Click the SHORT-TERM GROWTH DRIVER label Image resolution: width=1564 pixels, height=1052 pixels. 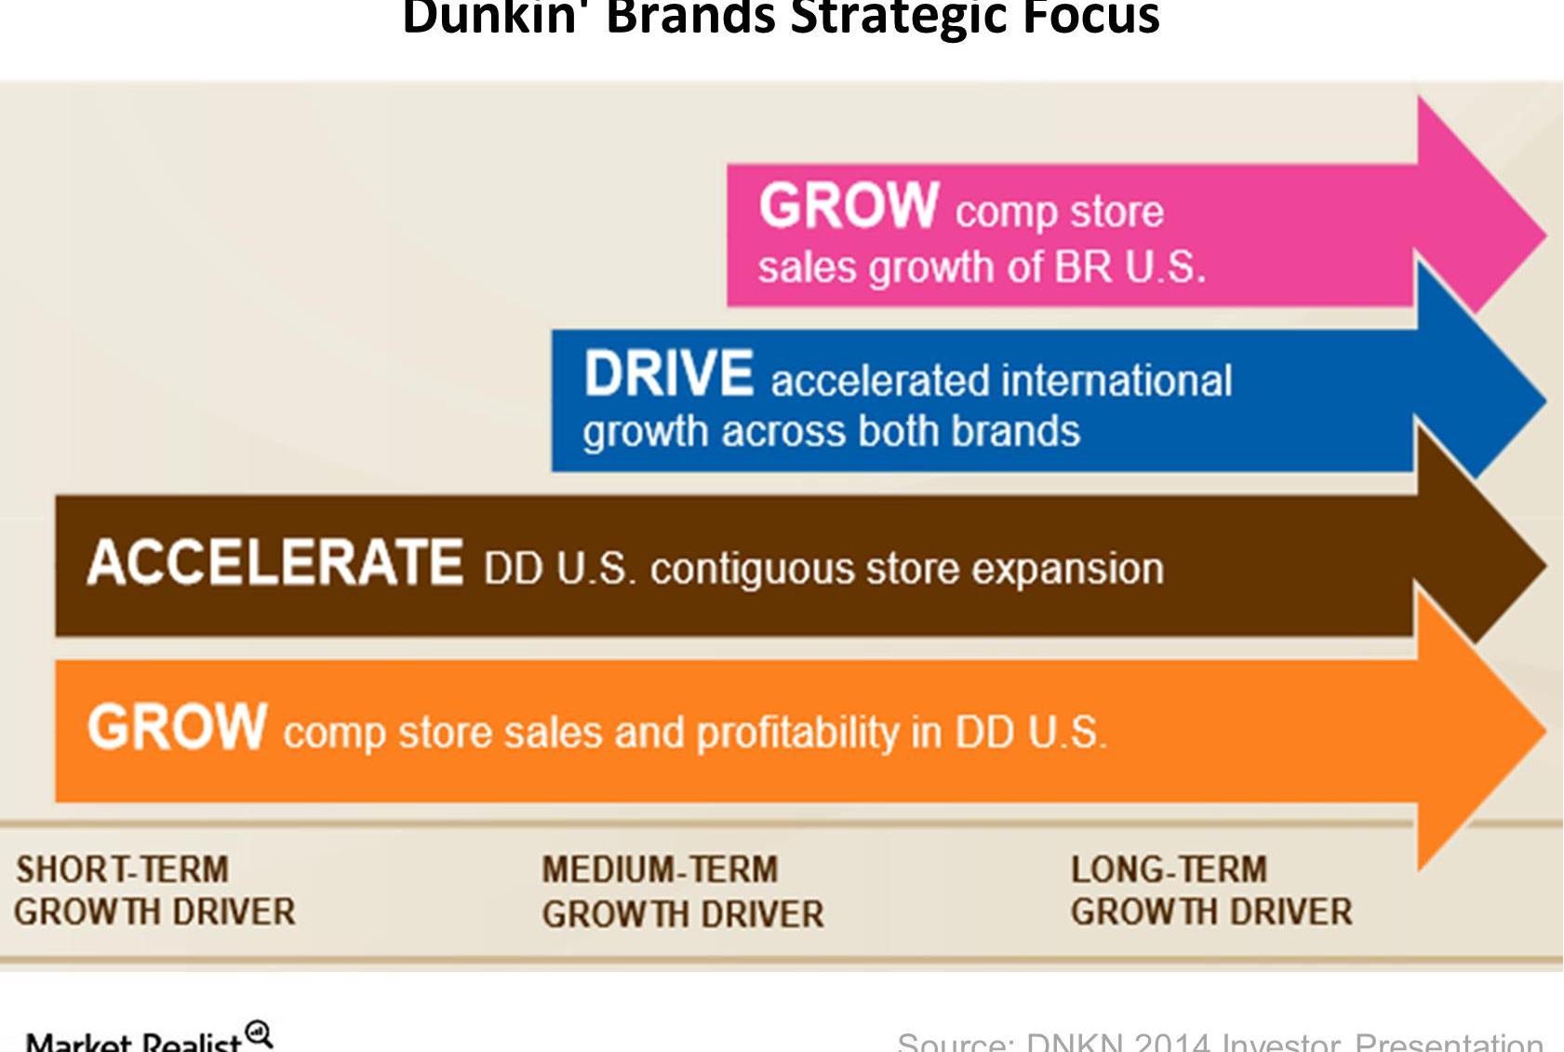[x=154, y=891]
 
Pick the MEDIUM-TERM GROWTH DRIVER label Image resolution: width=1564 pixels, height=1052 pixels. [x=682, y=892]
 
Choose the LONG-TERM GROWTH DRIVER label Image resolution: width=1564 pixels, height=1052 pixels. [x=1210, y=891]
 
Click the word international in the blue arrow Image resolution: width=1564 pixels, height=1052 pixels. [x=1116, y=381]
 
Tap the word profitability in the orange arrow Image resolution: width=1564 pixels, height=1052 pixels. [x=798, y=734]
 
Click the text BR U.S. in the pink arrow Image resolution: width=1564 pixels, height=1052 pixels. [x=1130, y=268]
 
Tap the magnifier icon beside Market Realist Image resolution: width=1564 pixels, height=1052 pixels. [x=259, y=1033]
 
